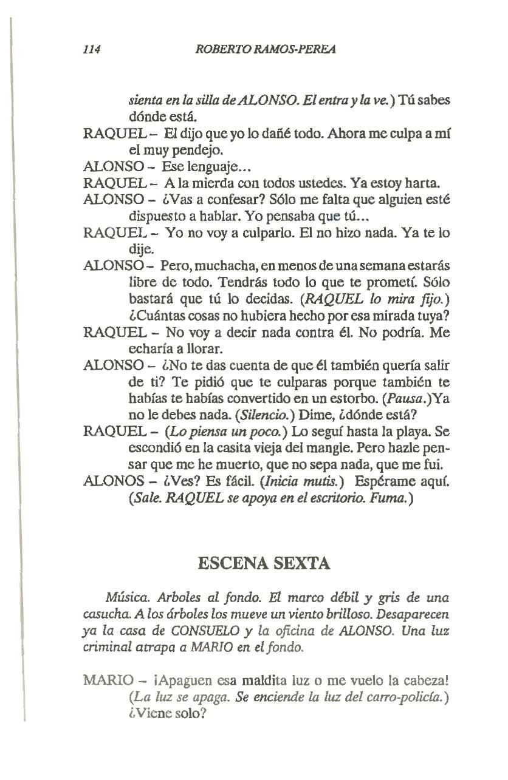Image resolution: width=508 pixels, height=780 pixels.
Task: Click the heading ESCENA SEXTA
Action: point(264,563)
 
